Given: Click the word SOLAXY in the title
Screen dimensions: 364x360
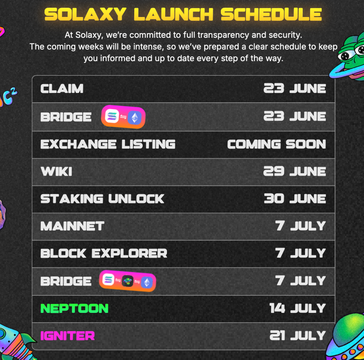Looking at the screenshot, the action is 85,14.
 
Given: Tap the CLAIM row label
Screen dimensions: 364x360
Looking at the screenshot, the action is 62,89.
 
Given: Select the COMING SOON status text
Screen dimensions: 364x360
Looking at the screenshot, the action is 277,144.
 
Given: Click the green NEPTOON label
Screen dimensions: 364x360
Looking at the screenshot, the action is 74,308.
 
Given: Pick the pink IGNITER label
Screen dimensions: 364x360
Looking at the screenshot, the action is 68,336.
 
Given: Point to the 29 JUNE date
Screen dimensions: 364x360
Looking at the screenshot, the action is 295,172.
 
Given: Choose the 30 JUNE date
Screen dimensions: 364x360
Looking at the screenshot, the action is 295,199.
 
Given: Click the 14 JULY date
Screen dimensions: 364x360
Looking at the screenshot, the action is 298,308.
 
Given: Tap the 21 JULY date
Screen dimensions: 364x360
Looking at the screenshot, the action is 298,336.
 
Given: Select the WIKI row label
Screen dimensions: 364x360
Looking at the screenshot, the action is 56,172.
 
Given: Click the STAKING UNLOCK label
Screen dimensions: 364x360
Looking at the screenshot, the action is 102,199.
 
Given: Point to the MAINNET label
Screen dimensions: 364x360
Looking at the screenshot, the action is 73,226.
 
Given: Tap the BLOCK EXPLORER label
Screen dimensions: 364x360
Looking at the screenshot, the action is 104,253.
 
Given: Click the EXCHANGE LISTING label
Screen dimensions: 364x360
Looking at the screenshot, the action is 108,144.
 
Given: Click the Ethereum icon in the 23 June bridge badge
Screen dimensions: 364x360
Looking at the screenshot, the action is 135,118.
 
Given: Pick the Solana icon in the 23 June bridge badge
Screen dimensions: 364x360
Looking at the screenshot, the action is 112,116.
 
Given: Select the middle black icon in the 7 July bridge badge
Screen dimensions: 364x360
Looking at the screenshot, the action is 128,281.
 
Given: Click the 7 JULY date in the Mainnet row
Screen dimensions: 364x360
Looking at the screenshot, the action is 301,226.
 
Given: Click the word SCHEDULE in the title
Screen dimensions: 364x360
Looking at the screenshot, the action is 271,14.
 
